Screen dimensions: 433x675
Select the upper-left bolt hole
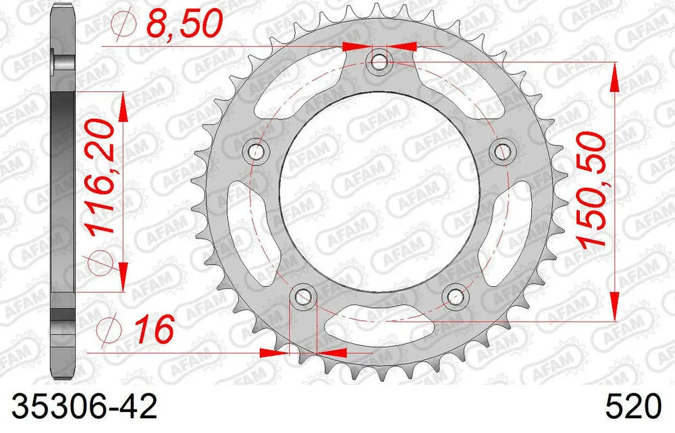tap(256, 152)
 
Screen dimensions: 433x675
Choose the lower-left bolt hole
tap(302, 297)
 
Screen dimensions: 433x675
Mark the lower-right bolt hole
tap(456, 297)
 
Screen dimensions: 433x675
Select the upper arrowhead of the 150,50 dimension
tap(614, 78)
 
